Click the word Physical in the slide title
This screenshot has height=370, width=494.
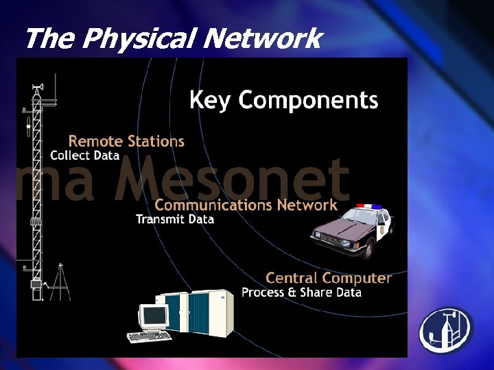[141, 40]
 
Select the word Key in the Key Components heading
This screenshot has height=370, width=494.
[211, 101]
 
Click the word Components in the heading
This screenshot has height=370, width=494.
[308, 101]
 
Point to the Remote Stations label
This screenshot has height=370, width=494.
[126, 141]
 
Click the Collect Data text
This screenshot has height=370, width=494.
[84, 156]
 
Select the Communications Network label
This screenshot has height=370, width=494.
[246, 205]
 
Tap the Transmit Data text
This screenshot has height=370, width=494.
[175, 219]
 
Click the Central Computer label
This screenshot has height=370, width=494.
[328, 278]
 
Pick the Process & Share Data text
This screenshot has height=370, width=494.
[301, 293]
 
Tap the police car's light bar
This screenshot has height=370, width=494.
[368, 206]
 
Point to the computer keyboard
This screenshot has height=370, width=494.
[150, 336]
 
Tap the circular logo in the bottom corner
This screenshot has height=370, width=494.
[446, 330]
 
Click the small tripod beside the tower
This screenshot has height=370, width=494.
[60, 282]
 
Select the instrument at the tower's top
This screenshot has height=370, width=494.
[36, 89]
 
